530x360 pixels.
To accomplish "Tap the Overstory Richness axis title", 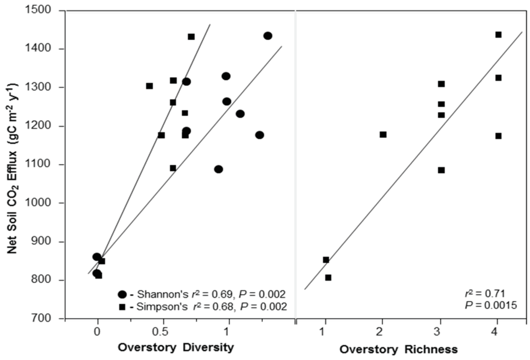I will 398,349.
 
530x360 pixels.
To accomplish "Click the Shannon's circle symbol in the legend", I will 123,294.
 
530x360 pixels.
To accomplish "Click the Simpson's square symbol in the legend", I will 123,306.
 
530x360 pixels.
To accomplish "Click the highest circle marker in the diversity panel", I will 268,36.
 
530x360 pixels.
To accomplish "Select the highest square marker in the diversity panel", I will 191,37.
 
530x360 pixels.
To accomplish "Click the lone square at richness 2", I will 383,135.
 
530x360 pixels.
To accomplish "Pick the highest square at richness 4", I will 498,34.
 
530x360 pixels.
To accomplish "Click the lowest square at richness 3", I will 441,170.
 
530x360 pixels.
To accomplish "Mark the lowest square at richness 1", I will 328,277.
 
